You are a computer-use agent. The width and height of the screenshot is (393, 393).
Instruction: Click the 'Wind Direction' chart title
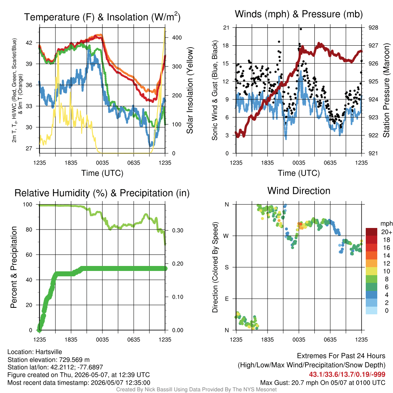tap(299, 191)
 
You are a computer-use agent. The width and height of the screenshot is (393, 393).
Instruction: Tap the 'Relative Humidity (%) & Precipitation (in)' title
tap(102, 193)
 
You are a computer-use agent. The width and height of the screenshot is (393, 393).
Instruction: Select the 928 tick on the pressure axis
tap(373, 28)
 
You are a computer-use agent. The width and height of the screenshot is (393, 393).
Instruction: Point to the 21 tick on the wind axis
tap(226, 28)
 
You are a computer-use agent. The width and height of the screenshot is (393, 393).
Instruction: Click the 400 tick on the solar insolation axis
tap(177, 38)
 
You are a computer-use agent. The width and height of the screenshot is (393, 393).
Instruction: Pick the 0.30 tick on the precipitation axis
tap(177, 231)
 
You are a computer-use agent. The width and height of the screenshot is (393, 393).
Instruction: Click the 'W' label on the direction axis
tap(226, 236)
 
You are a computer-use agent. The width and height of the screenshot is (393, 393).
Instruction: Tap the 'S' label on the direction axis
tap(226, 268)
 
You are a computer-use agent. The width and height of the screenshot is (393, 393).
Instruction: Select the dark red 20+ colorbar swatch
tap(372, 232)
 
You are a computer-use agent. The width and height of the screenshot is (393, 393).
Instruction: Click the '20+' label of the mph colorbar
tap(386, 232)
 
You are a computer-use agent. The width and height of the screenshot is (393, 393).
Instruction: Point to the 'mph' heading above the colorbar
tap(386, 224)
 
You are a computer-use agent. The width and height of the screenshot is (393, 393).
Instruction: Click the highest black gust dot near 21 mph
tap(301, 29)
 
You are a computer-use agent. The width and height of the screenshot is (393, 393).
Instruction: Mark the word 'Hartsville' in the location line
tap(49, 352)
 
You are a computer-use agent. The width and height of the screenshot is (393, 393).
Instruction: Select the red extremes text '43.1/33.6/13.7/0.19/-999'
tap(347, 375)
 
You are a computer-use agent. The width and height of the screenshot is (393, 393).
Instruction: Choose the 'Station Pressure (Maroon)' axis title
tap(386, 90)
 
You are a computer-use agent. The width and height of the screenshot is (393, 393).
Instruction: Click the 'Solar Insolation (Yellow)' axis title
tap(190, 90)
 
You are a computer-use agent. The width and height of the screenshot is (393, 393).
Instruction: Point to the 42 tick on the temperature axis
tap(29, 43)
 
